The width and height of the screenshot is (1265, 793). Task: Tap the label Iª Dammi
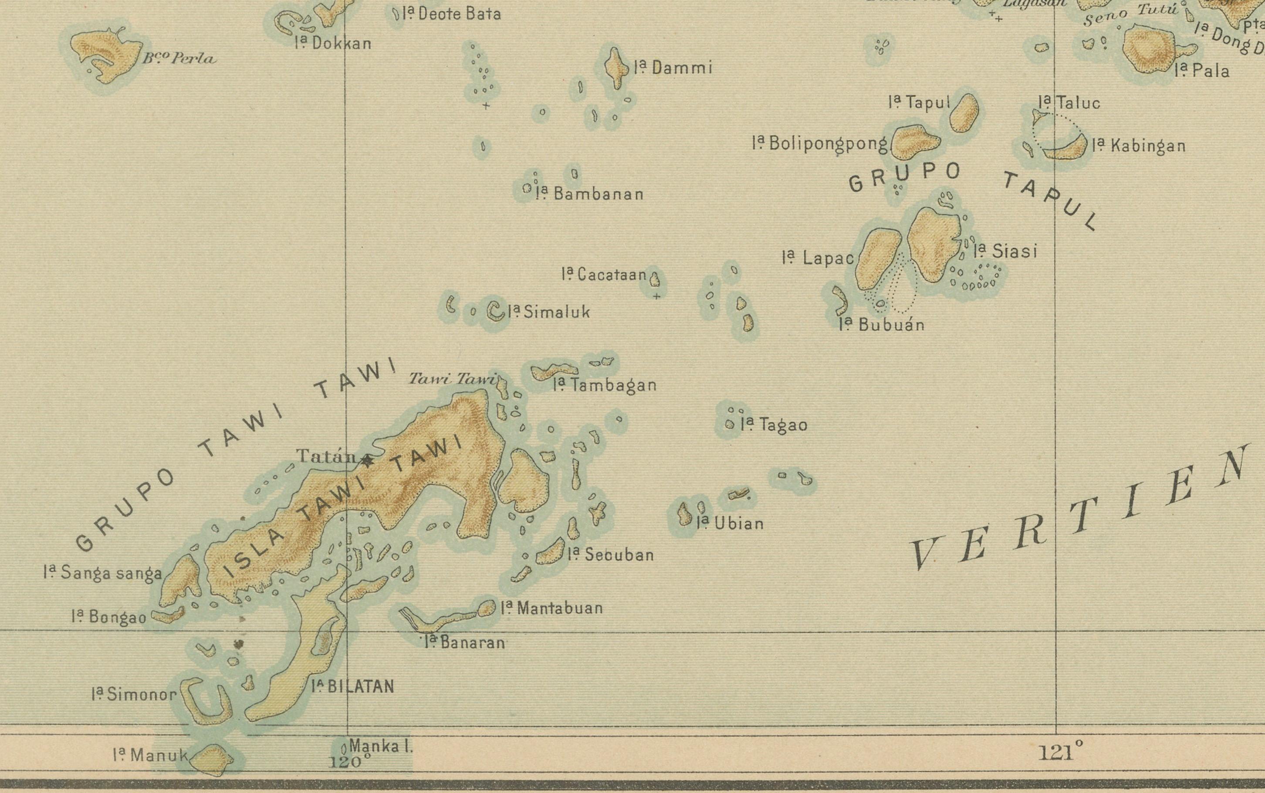click(673, 67)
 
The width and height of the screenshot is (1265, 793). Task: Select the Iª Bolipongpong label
click(819, 144)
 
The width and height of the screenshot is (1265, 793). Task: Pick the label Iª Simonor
click(134, 694)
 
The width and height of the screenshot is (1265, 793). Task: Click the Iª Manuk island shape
click(212, 759)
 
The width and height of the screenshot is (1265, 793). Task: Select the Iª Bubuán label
click(882, 325)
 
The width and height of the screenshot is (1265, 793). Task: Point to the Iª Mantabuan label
click(551, 608)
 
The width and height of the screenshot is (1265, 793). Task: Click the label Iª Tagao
click(774, 424)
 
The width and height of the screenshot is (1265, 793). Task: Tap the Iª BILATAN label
click(352, 686)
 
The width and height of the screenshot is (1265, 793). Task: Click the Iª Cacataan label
click(604, 274)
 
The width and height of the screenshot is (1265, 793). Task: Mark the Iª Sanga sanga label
click(103, 573)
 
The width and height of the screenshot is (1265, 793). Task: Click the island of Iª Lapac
click(878, 259)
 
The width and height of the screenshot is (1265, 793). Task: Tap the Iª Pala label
click(1202, 70)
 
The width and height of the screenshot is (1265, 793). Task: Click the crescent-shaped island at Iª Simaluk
click(495, 311)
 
